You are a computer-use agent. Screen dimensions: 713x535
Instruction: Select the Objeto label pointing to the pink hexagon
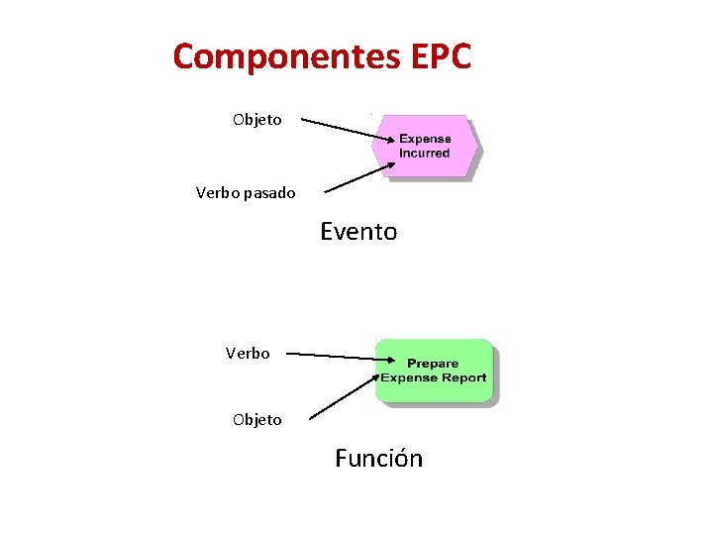pyautogui.click(x=257, y=120)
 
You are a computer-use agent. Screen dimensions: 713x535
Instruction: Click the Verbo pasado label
pyautogui.click(x=246, y=193)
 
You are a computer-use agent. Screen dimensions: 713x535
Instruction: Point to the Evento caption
pyautogui.click(x=358, y=233)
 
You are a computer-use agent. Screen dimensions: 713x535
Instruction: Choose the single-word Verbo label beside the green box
pyautogui.click(x=248, y=353)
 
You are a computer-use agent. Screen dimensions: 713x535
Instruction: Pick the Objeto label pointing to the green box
pyautogui.click(x=257, y=420)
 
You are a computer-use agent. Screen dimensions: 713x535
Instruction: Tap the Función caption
pyautogui.click(x=378, y=459)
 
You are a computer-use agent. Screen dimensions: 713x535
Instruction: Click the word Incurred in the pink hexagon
pyautogui.click(x=425, y=154)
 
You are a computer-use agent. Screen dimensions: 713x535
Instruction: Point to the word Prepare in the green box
pyautogui.click(x=433, y=364)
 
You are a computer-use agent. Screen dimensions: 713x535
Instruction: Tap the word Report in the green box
pyautogui.click(x=465, y=377)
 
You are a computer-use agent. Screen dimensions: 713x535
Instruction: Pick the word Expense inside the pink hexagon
pyautogui.click(x=425, y=140)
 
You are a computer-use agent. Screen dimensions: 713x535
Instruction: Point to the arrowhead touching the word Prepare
pyautogui.click(x=398, y=360)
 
